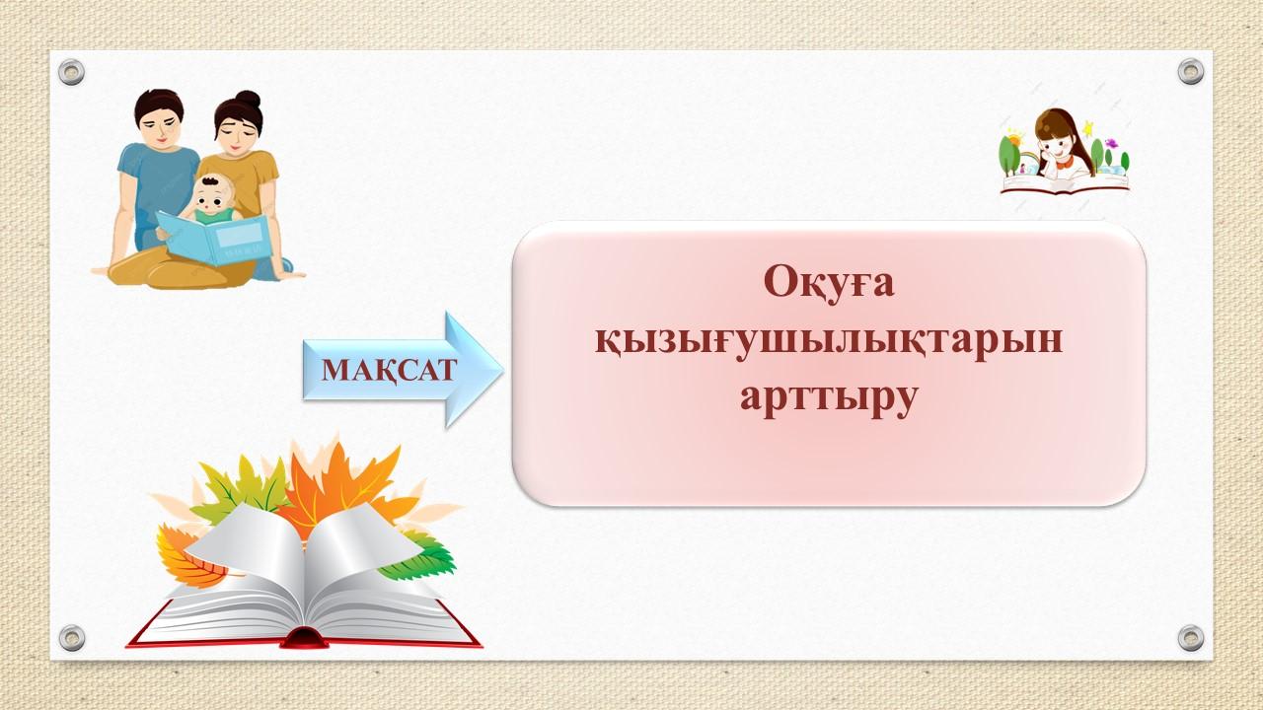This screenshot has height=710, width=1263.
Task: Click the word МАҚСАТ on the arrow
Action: [x=389, y=371]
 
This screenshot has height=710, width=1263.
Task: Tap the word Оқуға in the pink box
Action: [x=829, y=283]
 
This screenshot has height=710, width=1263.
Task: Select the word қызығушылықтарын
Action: [x=829, y=342]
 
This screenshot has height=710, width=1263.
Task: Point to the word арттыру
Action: [x=829, y=399]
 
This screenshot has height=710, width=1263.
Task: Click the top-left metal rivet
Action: [x=72, y=72]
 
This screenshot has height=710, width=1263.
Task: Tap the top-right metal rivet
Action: [x=1191, y=72]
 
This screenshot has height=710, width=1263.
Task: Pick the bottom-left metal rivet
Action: [x=72, y=638]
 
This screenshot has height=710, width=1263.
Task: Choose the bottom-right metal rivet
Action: [x=1191, y=638]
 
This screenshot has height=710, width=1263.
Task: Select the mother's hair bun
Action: [x=248, y=100]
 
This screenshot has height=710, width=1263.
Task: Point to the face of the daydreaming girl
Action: [x=1055, y=148]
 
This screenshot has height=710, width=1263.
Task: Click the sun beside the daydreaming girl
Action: [x=1014, y=139]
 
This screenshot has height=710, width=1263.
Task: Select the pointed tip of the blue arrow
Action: [x=503, y=370]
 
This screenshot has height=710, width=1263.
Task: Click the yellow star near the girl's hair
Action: [x=1087, y=128]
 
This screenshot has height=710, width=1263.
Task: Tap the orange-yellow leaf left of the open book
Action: [x=186, y=558]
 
